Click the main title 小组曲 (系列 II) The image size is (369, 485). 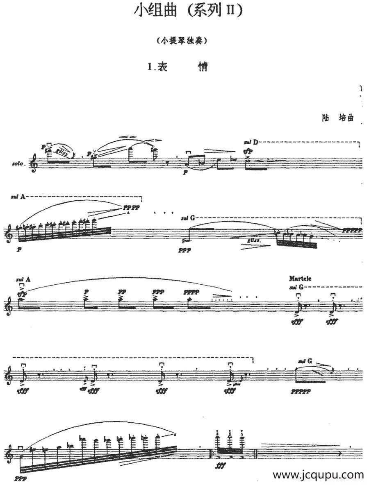[x=189, y=11]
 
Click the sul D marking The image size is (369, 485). [x=251, y=143]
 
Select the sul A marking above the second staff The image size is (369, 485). [x=19, y=197]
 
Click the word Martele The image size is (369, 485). [x=300, y=279]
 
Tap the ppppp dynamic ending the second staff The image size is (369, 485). [x=353, y=231]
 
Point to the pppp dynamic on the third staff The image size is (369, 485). [x=191, y=292]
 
